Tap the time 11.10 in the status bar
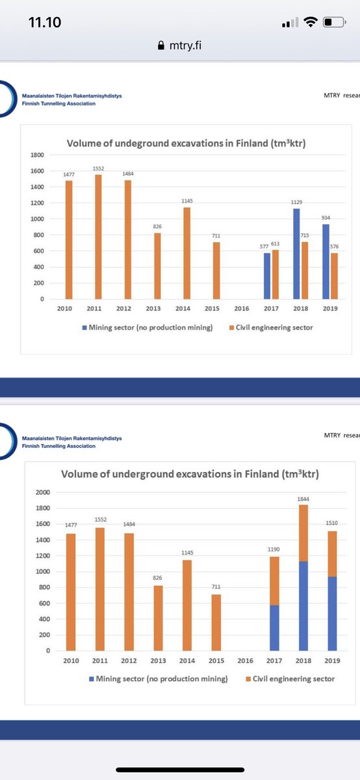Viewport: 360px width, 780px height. [x=44, y=22]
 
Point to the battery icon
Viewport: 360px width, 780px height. [x=333, y=23]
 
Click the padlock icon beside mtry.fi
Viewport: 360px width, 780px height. [x=162, y=46]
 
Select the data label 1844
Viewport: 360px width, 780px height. [x=303, y=499]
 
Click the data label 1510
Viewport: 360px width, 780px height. [x=332, y=523]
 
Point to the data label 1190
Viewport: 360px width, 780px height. [x=274, y=549]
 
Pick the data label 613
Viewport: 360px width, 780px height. [x=276, y=242]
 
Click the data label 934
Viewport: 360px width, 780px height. [x=326, y=218]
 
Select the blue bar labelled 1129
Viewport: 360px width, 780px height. [x=297, y=253]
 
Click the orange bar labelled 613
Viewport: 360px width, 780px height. [x=276, y=274]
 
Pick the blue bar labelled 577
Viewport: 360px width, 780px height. [x=266, y=276]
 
